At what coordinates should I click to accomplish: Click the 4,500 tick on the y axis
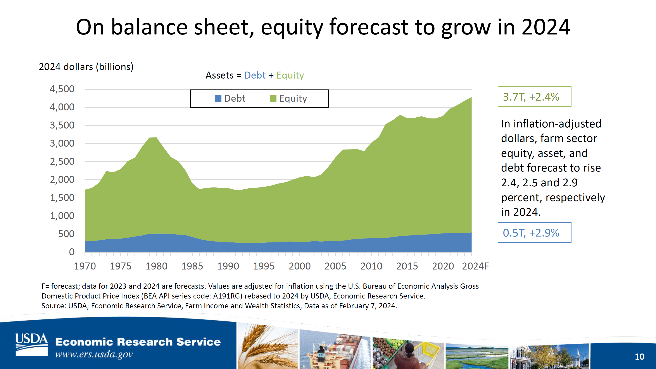point(62,89)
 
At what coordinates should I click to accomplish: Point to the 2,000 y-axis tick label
point(62,180)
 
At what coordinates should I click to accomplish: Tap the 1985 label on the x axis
point(192,266)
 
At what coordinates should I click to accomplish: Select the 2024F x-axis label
point(475,266)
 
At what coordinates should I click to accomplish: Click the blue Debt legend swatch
point(218,98)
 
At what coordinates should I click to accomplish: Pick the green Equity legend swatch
point(273,98)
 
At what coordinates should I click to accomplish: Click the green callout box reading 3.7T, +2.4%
point(534,96)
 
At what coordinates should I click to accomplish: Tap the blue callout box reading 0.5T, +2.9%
point(534,233)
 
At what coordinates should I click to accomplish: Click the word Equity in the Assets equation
point(290,76)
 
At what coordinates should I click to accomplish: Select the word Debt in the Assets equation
point(255,75)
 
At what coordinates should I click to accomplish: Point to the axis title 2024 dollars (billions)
point(86,67)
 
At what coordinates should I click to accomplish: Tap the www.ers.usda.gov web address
point(94,354)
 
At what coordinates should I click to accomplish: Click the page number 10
point(639,357)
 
